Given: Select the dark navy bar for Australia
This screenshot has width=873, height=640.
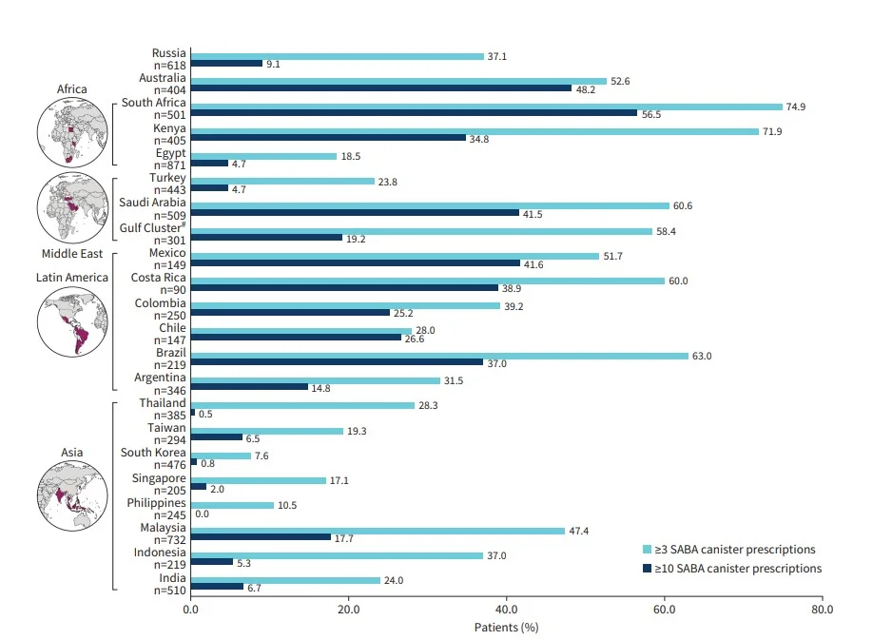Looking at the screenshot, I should pos(380,87).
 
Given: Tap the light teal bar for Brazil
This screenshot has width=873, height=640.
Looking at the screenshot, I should pos(438,357).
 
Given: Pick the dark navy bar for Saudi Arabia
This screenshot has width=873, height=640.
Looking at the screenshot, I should pos(354,212).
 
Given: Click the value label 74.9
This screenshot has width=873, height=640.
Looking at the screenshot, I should pos(796,107).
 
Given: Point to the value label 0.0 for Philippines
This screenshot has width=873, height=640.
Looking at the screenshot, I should pos(203,513).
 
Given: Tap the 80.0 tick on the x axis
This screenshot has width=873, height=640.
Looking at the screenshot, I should pos(822,609).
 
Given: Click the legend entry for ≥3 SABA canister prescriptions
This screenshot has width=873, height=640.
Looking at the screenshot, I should pos(730,549).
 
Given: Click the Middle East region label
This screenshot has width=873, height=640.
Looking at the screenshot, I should pos(72,254).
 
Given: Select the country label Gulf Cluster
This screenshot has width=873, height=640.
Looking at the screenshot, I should pos(152,229).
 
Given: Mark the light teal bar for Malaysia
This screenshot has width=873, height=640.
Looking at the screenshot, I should pos(378,531).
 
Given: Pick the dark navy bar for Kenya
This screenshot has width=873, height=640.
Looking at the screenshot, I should pos(327,137).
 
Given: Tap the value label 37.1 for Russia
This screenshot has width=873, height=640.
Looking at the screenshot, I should pos(497,57).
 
